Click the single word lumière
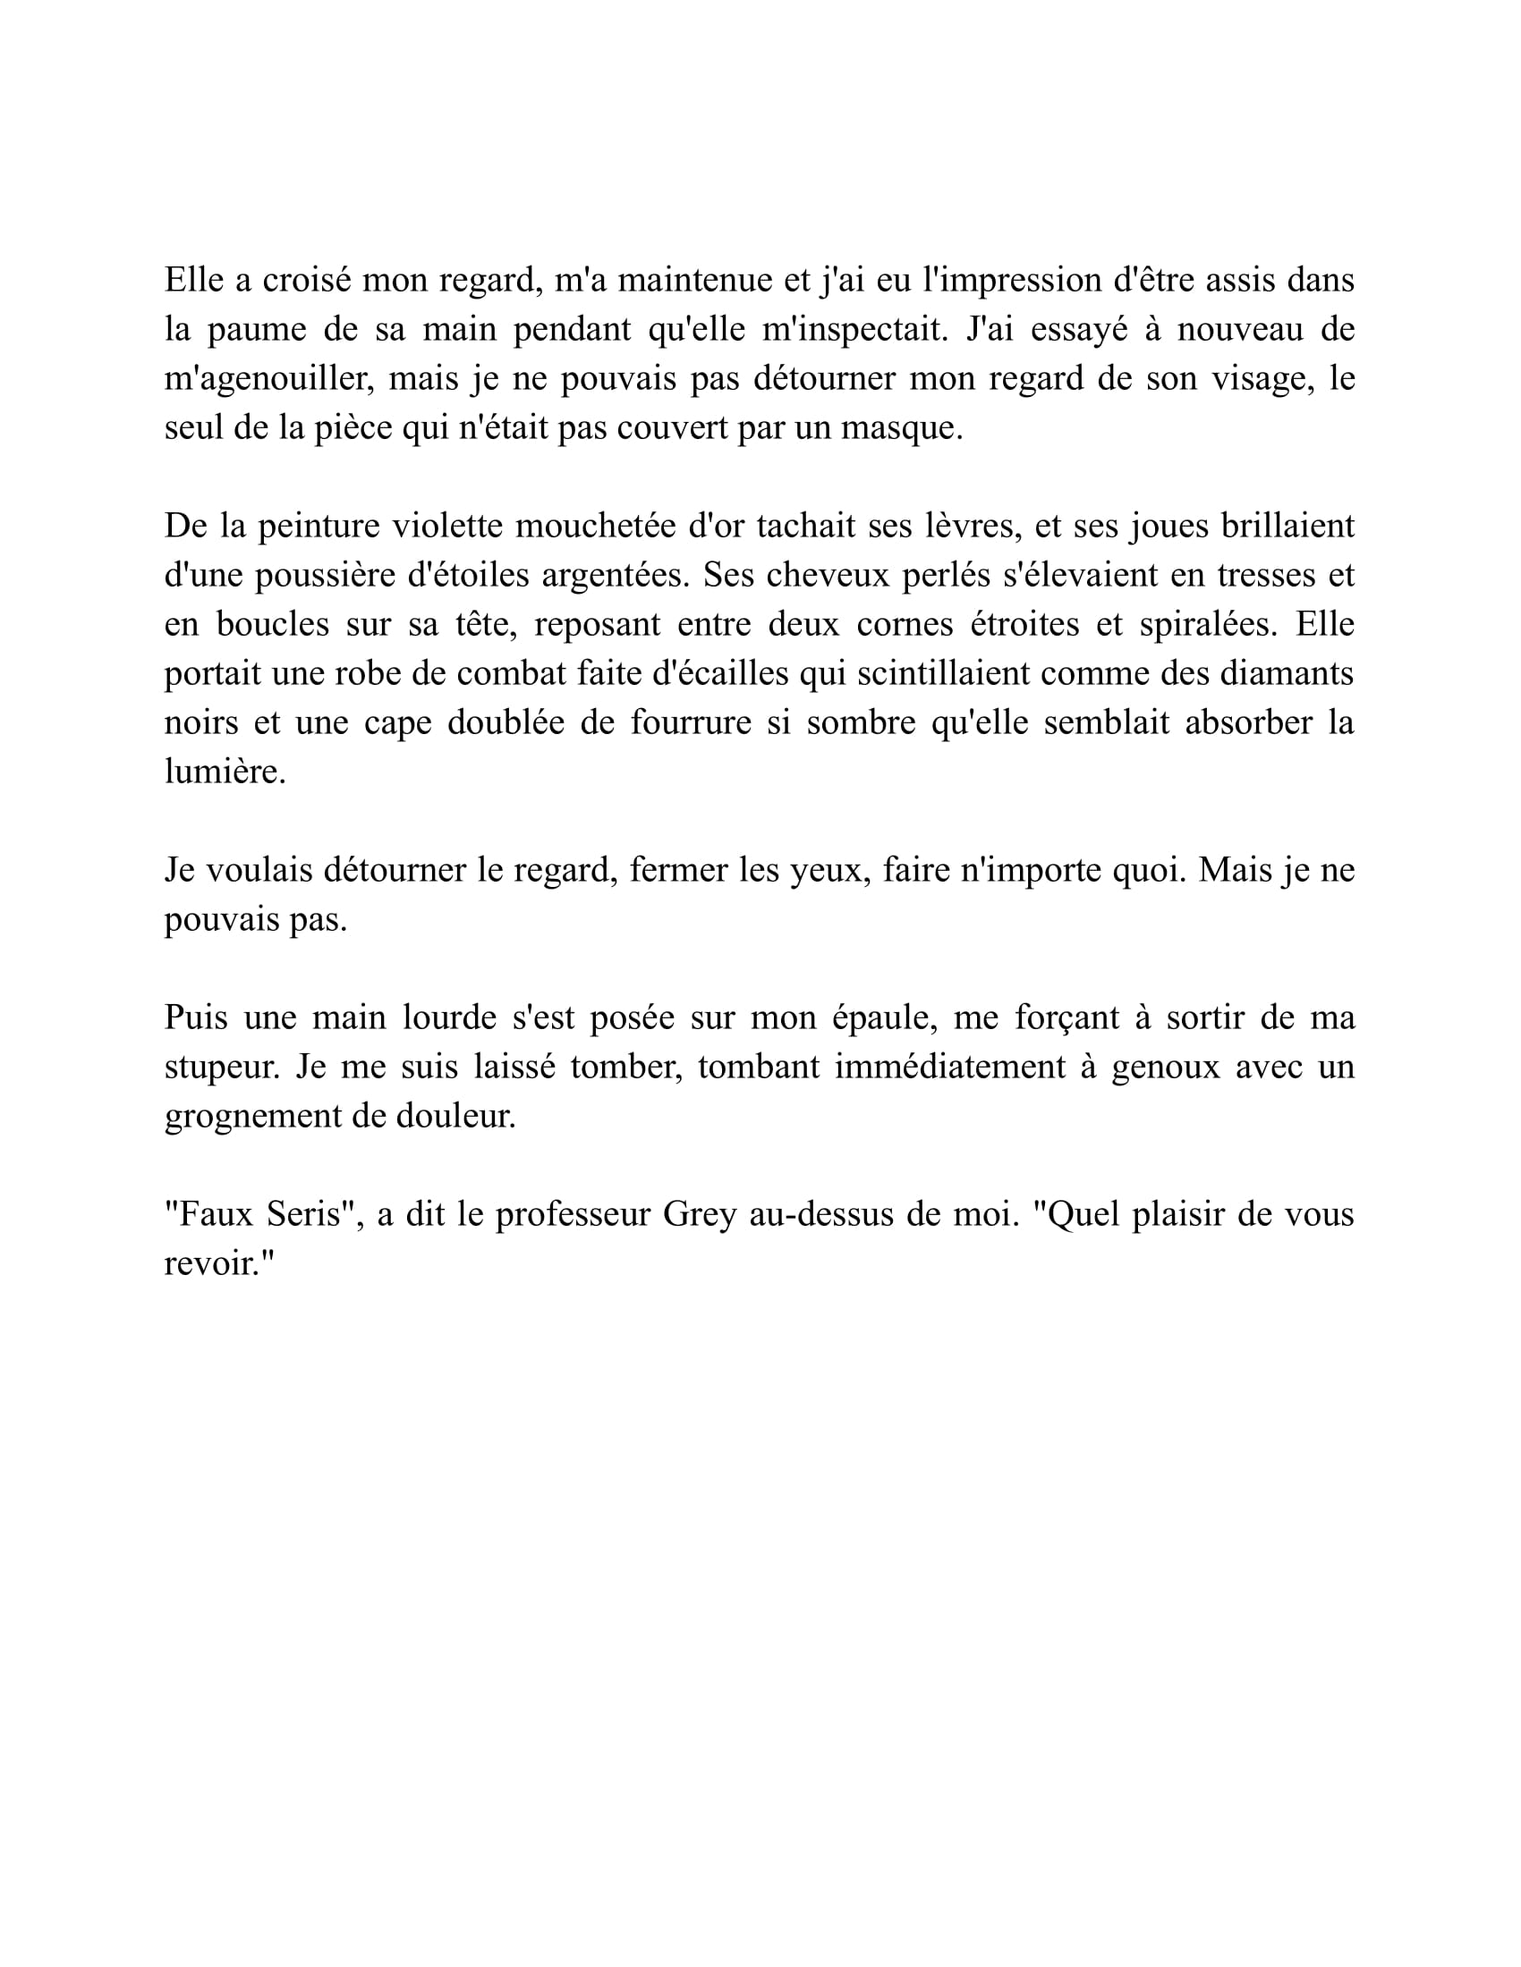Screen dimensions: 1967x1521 point(225,772)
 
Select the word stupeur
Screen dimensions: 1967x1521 point(217,1068)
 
